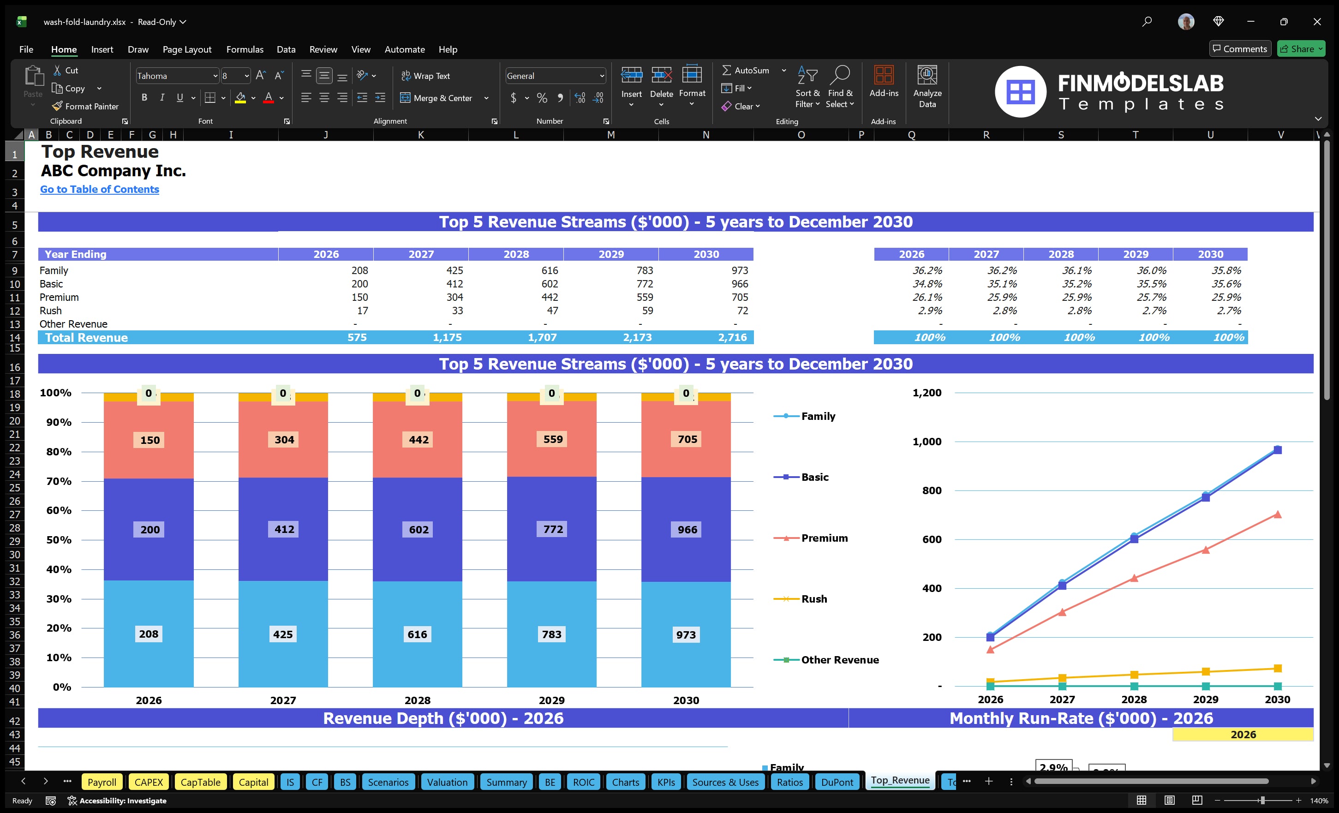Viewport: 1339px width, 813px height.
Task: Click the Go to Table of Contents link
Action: point(100,189)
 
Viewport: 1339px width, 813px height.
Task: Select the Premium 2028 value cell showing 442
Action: point(549,297)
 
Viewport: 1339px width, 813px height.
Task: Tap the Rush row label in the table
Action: point(51,311)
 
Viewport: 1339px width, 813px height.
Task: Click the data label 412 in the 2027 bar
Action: point(284,529)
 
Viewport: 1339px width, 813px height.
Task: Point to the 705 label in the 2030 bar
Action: point(687,439)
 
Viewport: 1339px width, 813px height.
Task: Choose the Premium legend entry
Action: point(824,538)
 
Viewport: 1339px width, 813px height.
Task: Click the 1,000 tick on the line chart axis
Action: point(927,441)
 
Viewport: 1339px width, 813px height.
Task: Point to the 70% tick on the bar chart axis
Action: point(58,481)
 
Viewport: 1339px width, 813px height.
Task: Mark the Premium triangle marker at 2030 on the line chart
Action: point(1277,514)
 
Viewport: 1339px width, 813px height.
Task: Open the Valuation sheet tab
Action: point(447,782)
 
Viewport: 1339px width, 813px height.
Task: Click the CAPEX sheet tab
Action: point(149,782)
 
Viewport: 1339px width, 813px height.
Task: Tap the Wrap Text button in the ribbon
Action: point(425,76)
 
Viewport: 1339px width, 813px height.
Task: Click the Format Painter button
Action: point(85,107)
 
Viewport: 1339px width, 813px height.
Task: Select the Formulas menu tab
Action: point(245,49)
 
